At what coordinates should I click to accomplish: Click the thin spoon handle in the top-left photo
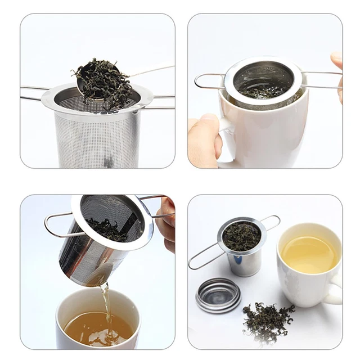click(152, 71)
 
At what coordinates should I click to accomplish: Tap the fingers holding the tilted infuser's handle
click(166, 225)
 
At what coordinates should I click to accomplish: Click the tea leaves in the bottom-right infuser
click(242, 236)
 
